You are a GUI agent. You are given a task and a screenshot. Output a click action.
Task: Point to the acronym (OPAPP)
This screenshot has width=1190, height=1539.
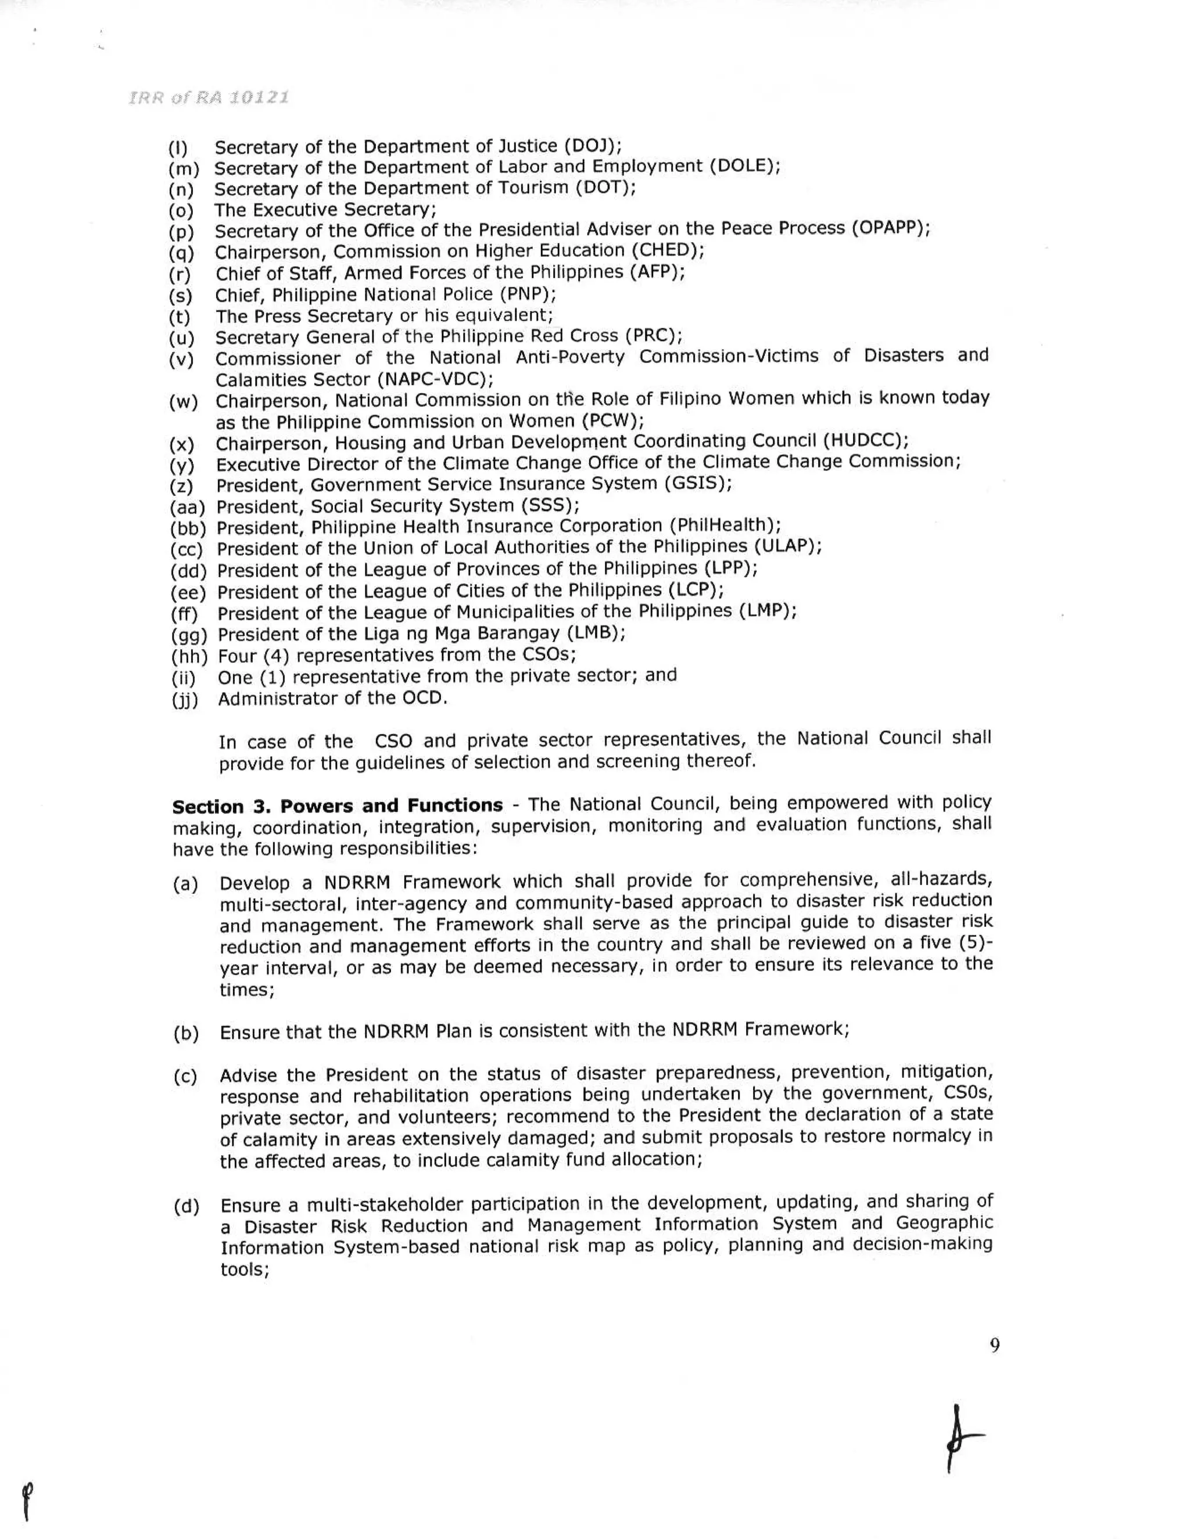(890, 229)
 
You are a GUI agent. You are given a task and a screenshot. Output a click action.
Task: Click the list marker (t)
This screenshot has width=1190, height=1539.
(180, 317)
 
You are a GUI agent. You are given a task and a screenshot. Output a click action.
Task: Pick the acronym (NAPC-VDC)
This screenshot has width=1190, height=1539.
(435, 379)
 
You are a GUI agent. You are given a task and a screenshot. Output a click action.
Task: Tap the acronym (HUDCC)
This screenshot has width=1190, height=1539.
(865, 441)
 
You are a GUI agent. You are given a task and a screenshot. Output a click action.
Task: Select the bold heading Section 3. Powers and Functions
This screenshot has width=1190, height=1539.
(338, 806)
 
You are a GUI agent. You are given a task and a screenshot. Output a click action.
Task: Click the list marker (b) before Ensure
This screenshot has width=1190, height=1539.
(186, 1034)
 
